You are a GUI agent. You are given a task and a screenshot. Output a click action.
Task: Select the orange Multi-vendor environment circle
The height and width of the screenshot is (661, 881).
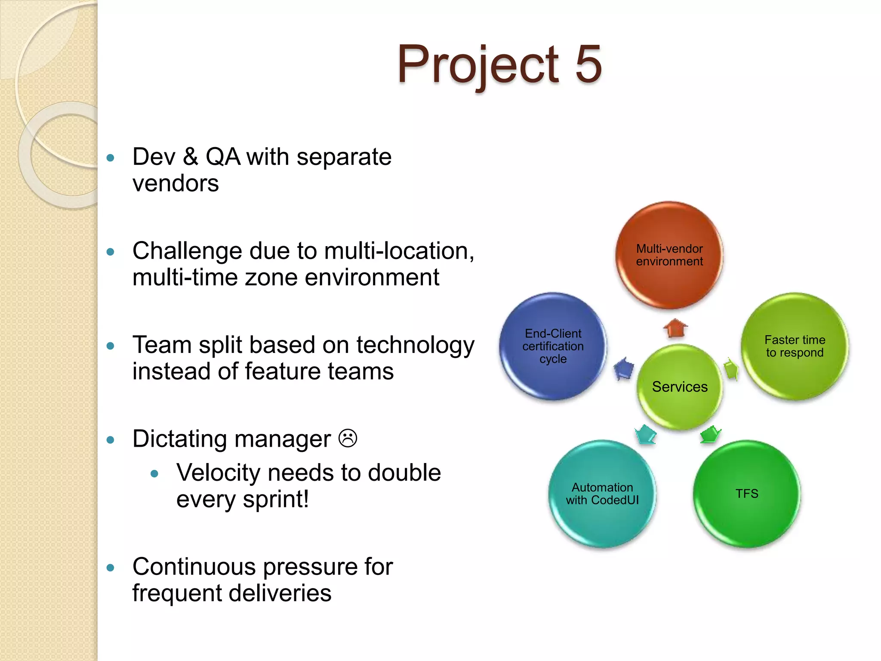[x=669, y=255]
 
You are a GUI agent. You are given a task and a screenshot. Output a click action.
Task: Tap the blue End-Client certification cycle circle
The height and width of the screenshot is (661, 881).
[x=553, y=346]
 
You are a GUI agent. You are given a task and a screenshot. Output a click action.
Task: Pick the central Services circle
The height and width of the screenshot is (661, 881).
[x=680, y=386]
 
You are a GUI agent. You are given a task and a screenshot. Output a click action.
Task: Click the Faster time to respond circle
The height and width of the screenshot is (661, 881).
[x=795, y=346]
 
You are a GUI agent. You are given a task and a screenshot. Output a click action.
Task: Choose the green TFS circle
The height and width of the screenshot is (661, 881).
[x=747, y=494]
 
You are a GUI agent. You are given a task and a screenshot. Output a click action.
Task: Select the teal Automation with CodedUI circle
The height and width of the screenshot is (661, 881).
[x=602, y=494]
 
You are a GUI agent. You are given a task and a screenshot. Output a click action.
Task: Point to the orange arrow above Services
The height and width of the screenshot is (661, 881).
[x=675, y=328]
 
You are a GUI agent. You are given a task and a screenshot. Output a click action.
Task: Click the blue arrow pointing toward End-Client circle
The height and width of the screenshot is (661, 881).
[x=624, y=368]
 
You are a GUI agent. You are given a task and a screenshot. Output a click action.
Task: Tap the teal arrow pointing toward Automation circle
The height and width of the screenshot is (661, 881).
[x=646, y=434]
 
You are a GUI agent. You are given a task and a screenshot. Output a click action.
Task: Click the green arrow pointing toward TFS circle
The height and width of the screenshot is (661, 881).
[x=710, y=434]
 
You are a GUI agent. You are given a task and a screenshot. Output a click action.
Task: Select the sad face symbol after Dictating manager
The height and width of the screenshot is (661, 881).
[x=348, y=439]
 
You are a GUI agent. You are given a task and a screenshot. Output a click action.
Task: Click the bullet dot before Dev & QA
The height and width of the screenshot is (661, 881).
[x=111, y=158]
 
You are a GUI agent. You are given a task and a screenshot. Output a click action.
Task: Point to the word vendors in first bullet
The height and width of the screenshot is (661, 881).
[x=176, y=184]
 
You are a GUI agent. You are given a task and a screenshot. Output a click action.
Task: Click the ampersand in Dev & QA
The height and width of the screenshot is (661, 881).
[x=190, y=157]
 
